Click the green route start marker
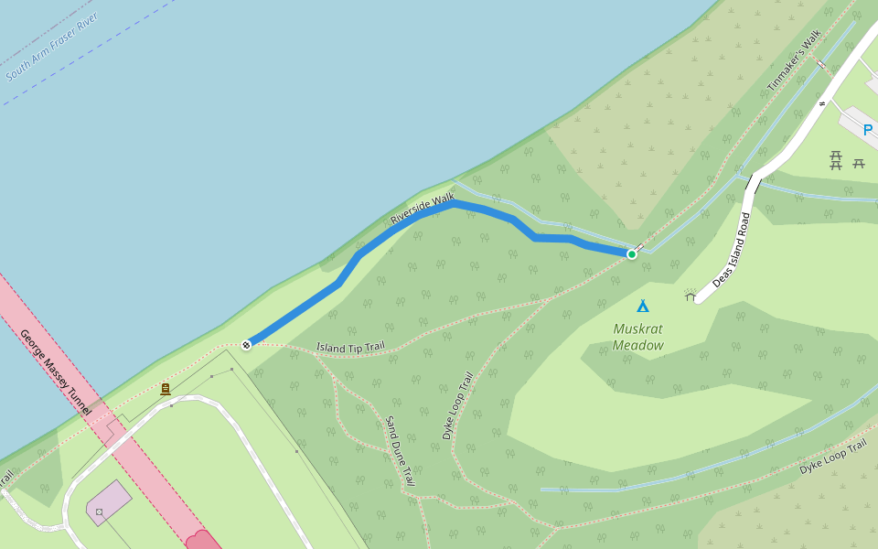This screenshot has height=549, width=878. [631, 253]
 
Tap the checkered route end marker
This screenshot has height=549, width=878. [246, 345]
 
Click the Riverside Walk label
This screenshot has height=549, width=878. [422, 209]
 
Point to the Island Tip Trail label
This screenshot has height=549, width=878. [350, 347]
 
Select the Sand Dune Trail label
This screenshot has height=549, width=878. [400, 450]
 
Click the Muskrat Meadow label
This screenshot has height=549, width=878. [638, 337]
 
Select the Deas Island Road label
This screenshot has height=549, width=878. [732, 250]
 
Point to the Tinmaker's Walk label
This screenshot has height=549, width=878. [795, 63]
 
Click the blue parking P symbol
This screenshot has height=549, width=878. [868, 131]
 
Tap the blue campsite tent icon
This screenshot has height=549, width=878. [643, 306]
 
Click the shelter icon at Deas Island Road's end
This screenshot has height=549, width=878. [690, 295]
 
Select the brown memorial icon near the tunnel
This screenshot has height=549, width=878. [166, 389]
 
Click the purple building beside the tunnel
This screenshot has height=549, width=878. [109, 503]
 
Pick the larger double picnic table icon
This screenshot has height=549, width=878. [835, 162]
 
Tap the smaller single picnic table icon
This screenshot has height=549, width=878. [859, 163]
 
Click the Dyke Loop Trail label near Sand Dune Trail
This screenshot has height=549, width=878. [458, 405]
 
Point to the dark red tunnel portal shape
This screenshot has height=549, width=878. [202, 540]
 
